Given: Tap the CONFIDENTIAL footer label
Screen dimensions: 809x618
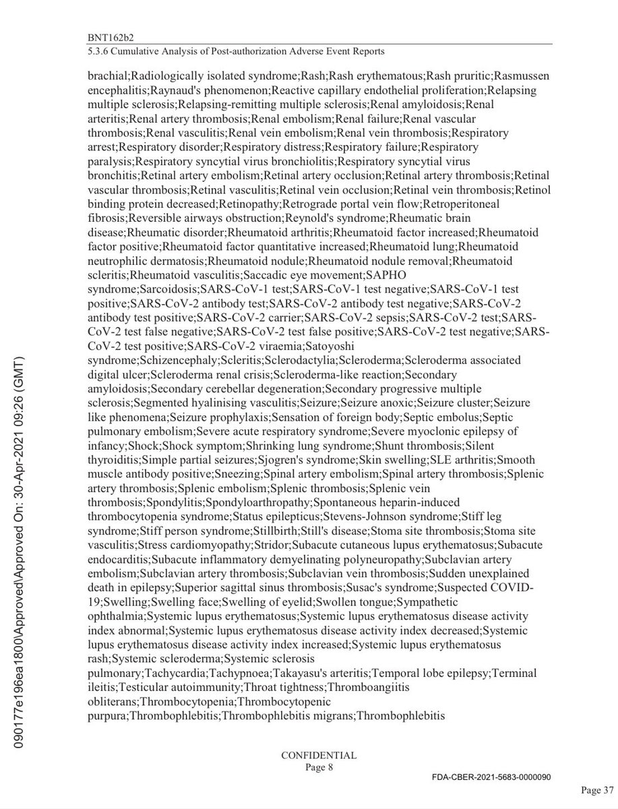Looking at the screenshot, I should (x=319, y=755).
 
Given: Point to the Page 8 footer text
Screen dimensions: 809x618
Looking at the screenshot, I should (x=319, y=767).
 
